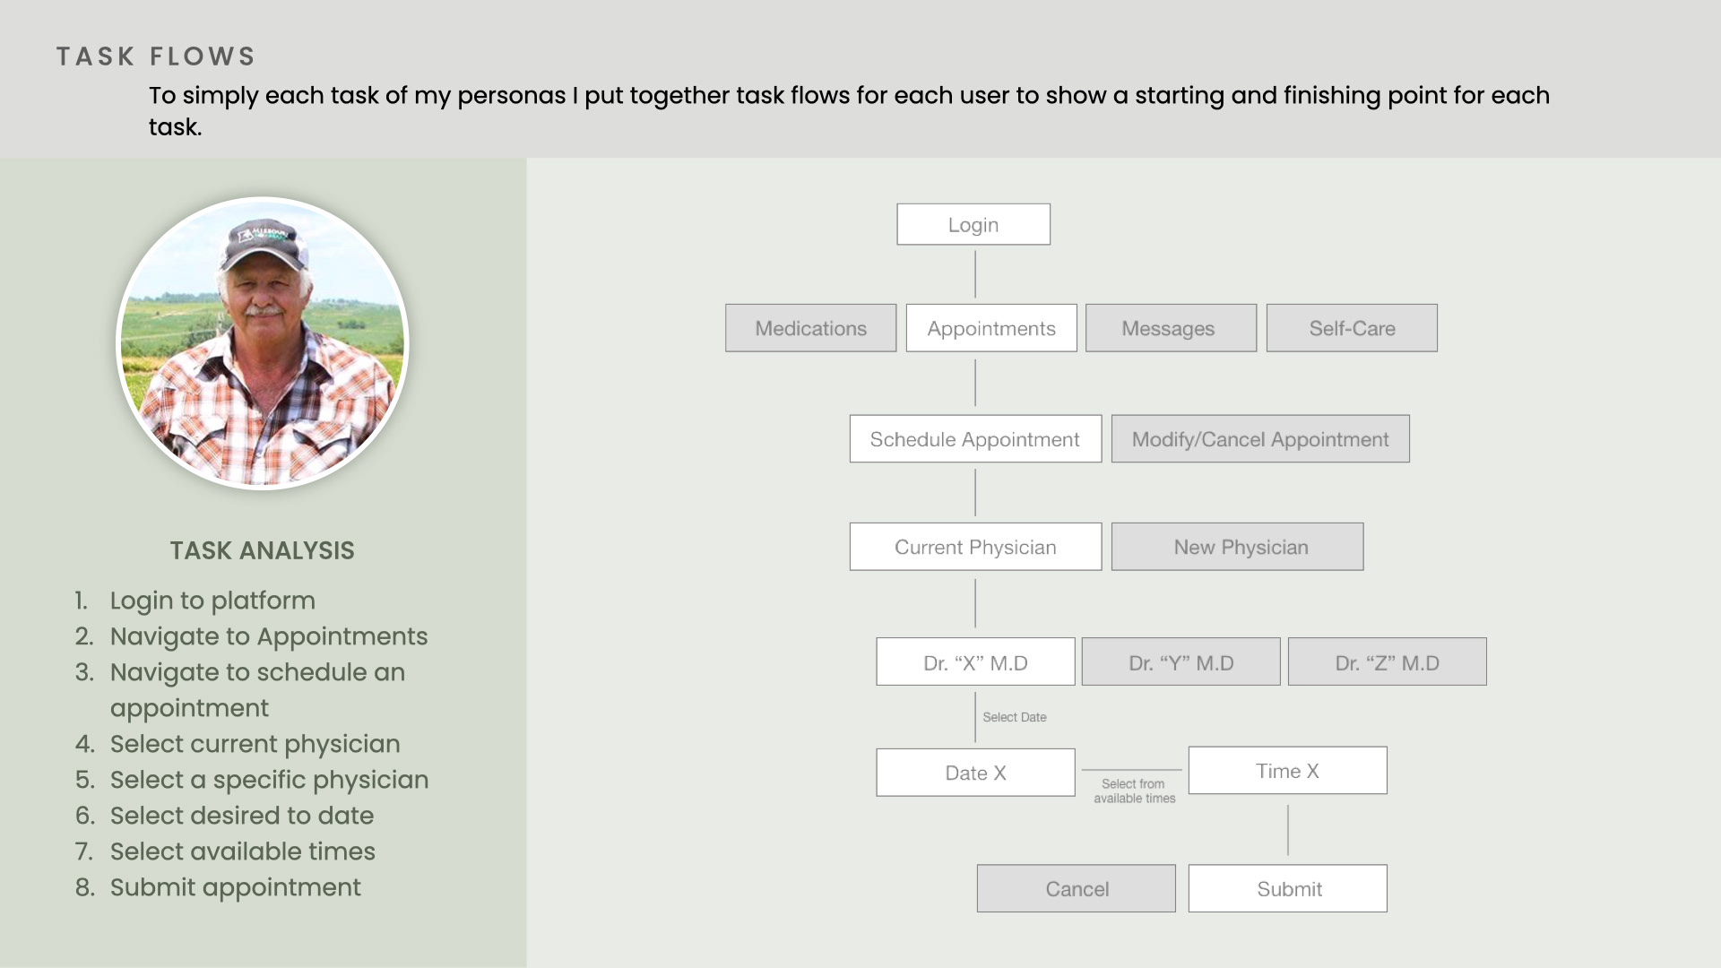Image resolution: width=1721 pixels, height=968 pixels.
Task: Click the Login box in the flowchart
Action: pos(973,224)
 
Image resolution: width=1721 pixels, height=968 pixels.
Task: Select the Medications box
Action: pos(810,328)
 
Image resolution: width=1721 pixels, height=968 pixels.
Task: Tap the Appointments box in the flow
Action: pos(991,328)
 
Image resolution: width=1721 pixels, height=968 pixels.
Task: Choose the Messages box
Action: pos(1171,328)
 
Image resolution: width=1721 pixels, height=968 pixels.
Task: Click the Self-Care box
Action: pos(1352,328)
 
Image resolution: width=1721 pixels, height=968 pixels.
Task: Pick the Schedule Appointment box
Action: pos(975,438)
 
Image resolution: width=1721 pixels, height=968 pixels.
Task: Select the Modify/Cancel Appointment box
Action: pos(1260,438)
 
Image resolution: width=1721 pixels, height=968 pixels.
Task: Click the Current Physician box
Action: pos(975,547)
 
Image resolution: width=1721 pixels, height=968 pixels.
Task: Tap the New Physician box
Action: pos(1237,547)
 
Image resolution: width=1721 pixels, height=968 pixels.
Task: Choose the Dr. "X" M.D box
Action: pos(975,661)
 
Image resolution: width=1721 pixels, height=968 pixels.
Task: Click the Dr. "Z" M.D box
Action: pos(1387,661)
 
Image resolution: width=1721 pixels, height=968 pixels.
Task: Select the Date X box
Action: pos(975,773)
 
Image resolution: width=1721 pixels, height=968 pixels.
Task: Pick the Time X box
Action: pos(1287,770)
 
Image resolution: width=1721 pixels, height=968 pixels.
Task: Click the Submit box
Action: pos(1287,888)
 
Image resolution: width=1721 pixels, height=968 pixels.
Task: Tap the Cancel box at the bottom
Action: pos(1076,888)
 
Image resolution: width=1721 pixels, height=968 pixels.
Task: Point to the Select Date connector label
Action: pos(1015,717)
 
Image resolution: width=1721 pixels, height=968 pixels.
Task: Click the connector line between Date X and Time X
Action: pos(1132,770)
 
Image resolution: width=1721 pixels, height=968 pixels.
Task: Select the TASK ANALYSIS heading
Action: pos(263,550)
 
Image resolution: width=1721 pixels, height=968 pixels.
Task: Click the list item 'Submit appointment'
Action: pos(235,887)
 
